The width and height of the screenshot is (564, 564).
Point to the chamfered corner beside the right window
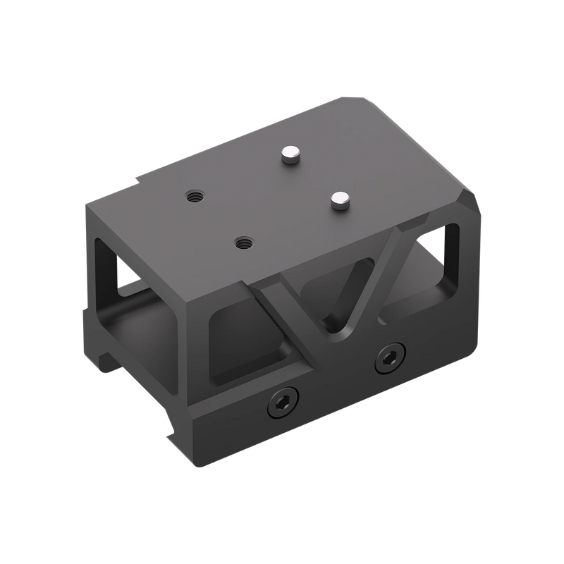click(470, 204)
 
